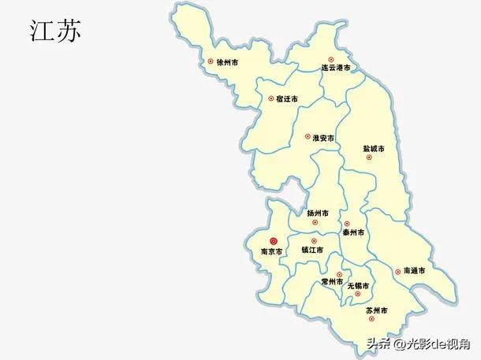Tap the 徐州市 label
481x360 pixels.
(228, 61)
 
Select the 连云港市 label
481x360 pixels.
(335, 69)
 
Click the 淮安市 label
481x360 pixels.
(324, 138)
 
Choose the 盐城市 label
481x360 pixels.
(373, 148)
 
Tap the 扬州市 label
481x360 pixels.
(318, 213)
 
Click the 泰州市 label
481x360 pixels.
(353, 233)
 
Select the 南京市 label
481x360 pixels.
(272, 253)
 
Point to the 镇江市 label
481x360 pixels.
(312, 251)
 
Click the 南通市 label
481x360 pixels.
(414, 270)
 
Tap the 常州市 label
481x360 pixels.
(332, 282)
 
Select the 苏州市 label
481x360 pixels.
(376, 312)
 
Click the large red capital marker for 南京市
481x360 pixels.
(274, 241)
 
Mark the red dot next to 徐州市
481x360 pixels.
(210, 61)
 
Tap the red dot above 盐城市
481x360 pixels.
(368, 158)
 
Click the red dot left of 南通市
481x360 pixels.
(397, 270)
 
